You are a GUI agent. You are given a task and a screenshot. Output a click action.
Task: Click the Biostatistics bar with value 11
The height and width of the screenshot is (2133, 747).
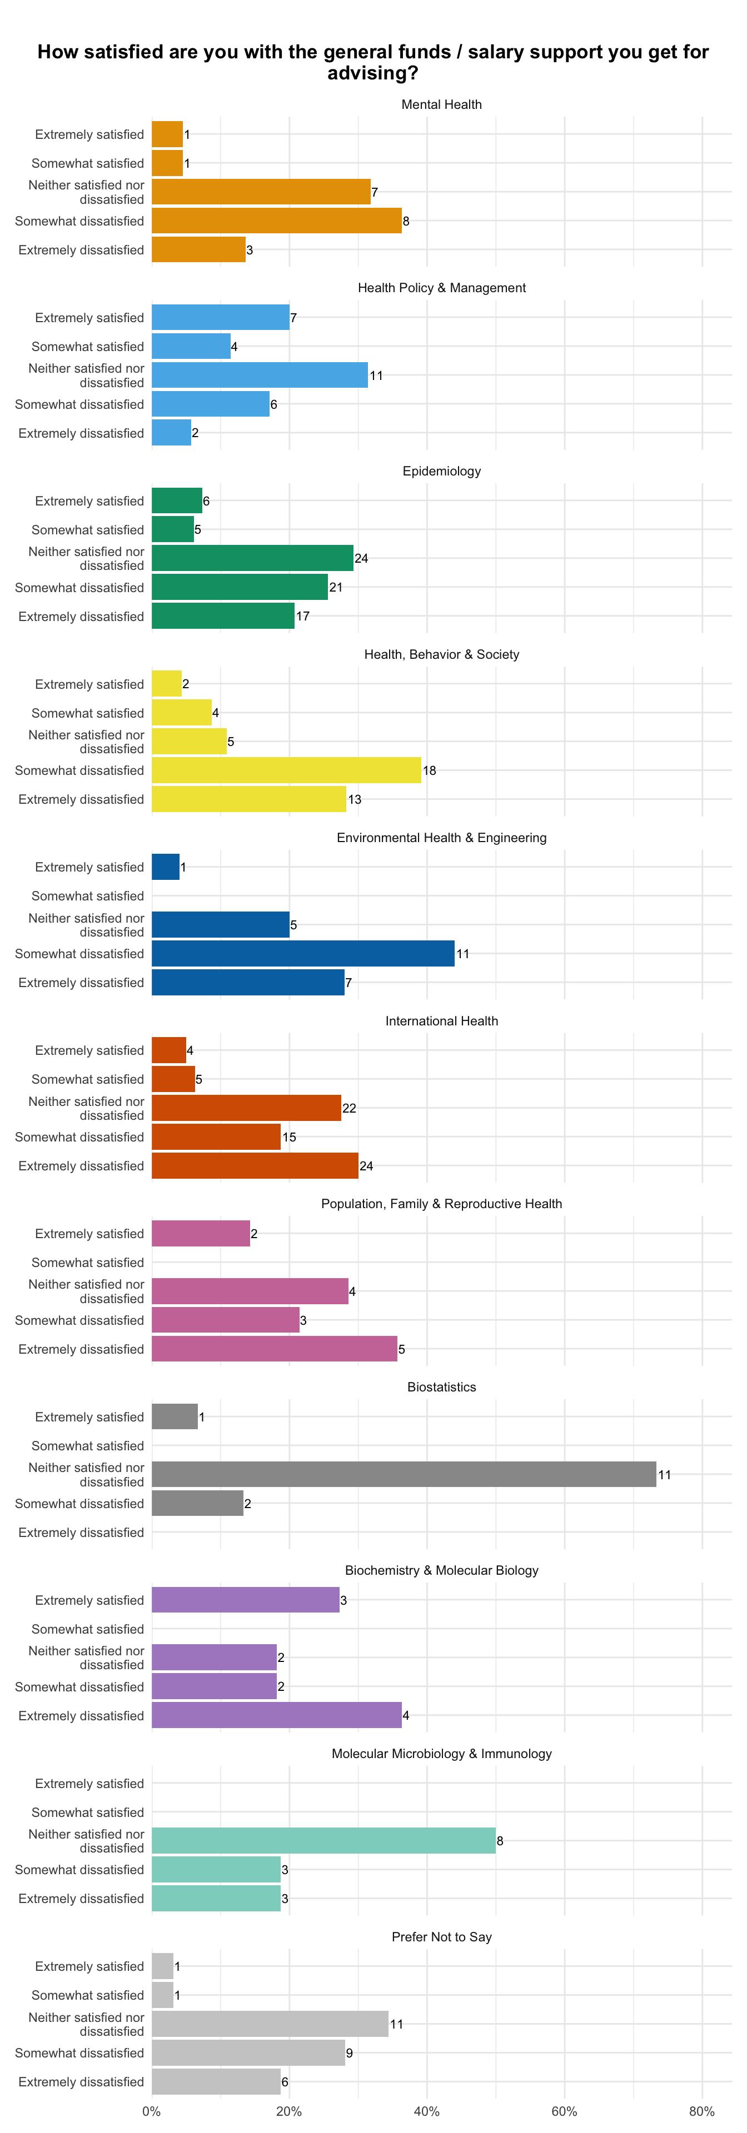404,1474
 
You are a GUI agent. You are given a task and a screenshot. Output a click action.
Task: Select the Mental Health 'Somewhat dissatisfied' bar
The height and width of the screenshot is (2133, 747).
277,221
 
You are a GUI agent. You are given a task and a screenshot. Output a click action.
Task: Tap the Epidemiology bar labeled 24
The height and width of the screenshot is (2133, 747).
252,558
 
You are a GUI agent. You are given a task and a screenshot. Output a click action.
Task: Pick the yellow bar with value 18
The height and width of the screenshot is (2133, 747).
287,770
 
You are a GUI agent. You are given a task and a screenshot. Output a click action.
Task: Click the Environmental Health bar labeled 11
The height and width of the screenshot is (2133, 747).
303,953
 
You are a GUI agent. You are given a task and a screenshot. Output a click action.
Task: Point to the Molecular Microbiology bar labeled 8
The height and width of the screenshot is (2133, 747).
324,1841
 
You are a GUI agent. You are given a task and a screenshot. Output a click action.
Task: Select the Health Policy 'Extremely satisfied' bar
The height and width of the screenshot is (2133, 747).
220,317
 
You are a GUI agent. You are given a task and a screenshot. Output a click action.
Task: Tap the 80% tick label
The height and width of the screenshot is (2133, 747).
703,2111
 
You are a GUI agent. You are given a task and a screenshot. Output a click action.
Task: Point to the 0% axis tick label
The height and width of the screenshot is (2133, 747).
152,2111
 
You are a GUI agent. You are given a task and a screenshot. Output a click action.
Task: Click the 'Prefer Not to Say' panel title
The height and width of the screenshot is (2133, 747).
441,1937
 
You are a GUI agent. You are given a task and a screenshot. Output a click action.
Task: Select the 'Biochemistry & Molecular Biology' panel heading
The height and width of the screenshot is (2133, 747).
441,1570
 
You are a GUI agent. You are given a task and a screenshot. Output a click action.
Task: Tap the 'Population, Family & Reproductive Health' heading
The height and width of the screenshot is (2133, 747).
441,1203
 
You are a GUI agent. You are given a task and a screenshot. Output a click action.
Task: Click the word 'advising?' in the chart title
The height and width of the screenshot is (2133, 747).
373,74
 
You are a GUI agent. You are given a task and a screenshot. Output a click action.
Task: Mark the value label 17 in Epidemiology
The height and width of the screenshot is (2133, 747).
303,616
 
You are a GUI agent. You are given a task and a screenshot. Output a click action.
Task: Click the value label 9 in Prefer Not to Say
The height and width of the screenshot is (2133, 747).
350,2052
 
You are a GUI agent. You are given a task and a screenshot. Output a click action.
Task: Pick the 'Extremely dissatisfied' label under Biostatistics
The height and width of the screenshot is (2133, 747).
81,1532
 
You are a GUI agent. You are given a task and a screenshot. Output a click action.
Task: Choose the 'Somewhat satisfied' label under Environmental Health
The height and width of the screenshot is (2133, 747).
88,896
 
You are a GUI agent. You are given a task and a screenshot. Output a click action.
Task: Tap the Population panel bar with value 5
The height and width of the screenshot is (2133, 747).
274,1349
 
